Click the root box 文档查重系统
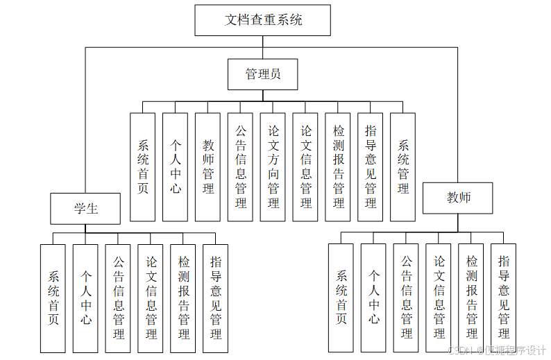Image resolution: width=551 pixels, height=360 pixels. click(262, 20)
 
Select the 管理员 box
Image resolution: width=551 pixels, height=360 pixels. click(262, 74)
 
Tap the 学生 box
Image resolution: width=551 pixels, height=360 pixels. click(85, 208)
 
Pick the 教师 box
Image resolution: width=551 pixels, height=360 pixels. click(458, 198)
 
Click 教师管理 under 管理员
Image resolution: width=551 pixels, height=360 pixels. click(207, 166)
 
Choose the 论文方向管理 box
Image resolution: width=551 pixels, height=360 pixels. click(273, 166)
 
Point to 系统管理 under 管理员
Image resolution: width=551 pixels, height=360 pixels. click(402, 166)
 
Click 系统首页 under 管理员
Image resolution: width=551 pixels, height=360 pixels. click(142, 166)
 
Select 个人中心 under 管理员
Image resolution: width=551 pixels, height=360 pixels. click(175, 166)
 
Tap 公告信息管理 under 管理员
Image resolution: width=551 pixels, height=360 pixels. click(240, 166)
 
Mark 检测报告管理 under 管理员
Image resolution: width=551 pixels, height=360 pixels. click(338, 166)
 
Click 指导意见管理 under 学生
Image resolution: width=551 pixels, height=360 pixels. click(216, 298)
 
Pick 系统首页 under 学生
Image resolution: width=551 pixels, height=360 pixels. click(53, 298)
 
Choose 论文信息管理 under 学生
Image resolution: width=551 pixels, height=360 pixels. click(151, 298)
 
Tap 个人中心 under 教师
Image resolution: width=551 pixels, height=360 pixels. click(373, 298)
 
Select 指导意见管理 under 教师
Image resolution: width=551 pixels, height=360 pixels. click(503, 298)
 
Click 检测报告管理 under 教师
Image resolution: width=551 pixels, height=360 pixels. click(471, 298)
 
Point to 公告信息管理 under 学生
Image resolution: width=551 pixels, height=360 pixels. click(118, 298)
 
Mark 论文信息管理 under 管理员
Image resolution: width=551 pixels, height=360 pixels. click(305, 166)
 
